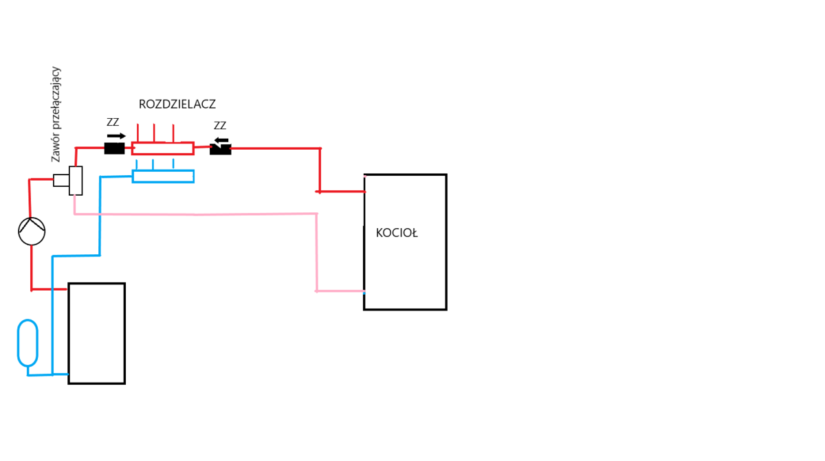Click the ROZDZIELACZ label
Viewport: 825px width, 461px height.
[x=177, y=104]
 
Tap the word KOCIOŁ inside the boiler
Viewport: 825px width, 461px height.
[x=397, y=234]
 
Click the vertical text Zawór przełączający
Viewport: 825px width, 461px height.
[x=56, y=114]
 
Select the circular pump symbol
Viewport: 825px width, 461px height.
[x=32, y=232]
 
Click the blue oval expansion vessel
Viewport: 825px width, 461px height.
[x=27, y=343]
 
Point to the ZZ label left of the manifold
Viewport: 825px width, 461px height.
[x=113, y=122]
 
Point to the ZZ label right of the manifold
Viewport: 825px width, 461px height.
[x=220, y=126]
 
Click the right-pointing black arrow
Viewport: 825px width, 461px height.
[x=117, y=136]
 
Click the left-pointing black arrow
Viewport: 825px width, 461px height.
[x=221, y=140]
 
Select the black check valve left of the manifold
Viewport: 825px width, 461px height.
[x=114, y=148]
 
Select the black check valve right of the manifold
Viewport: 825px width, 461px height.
[x=221, y=149]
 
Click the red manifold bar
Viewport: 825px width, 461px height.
[x=163, y=148]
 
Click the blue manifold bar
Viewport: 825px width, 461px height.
[x=163, y=177]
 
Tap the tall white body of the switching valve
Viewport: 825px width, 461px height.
[x=76, y=181]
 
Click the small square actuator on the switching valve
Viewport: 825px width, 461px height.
[x=61, y=181]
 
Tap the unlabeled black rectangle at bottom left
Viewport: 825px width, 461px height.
[x=96, y=333]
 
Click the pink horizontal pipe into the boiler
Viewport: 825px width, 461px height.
[x=340, y=291]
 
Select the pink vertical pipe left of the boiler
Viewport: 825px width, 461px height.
[x=317, y=252]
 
